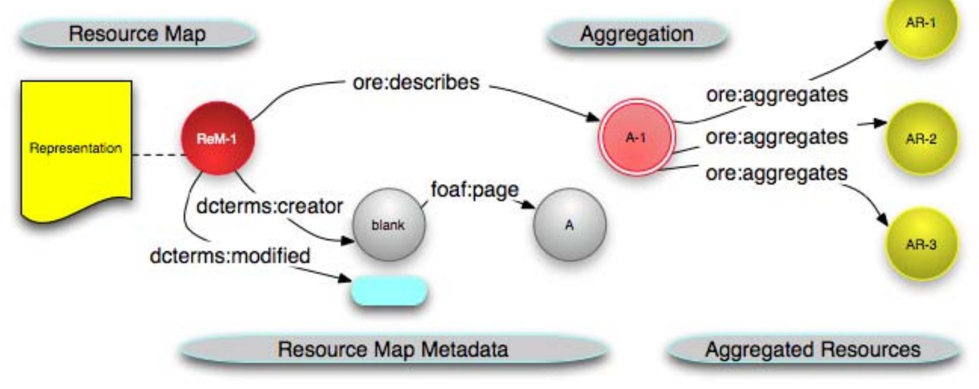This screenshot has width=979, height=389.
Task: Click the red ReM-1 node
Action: pyautogui.click(x=217, y=138)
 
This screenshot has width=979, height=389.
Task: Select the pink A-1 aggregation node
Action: pyautogui.click(x=636, y=138)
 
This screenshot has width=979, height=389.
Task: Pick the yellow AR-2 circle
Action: pyautogui.click(x=920, y=139)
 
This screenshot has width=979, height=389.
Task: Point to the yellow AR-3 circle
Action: pyautogui.click(x=920, y=244)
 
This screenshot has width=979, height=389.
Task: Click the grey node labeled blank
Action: pyautogui.click(x=388, y=225)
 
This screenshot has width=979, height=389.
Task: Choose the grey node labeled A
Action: pyautogui.click(x=569, y=225)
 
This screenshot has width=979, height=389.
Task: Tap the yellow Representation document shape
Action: pyautogui.click(x=76, y=148)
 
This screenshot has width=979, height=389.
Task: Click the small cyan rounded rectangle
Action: pyautogui.click(x=389, y=291)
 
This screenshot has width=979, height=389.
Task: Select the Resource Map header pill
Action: pyautogui.click(x=137, y=33)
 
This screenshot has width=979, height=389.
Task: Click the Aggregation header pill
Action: pyautogui.click(x=637, y=34)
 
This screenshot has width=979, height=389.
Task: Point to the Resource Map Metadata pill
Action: pyautogui.click(x=393, y=349)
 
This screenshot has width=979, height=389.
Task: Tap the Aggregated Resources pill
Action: pyautogui.click(x=812, y=349)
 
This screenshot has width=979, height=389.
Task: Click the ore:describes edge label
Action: pyautogui.click(x=415, y=82)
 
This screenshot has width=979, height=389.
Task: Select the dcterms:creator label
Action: pyautogui.click(x=269, y=206)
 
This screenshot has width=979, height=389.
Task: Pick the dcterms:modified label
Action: pyautogui.click(x=229, y=255)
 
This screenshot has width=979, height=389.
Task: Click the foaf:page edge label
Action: pyautogui.click(x=474, y=189)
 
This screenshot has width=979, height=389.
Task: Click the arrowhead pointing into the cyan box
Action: pyautogui.click(x=345, y=279)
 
